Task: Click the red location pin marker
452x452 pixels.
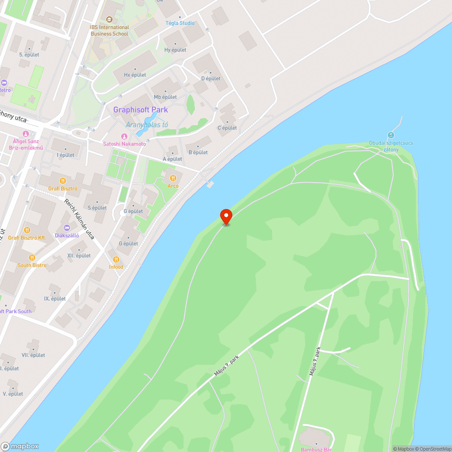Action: pos(226,216)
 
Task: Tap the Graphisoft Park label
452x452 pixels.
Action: pos(140,110)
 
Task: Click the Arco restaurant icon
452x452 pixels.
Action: pos(173,178)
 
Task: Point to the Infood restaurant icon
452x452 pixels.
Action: pos(116,259)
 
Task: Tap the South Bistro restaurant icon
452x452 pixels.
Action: pos(32,258)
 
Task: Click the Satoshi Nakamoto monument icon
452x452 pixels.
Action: pos(124,137)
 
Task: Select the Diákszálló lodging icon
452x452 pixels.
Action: pos(67,228)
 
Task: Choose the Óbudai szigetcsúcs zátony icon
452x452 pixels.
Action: pos(391,135)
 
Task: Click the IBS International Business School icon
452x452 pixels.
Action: pos(109,19)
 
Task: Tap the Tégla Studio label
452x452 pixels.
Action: pos(180,23)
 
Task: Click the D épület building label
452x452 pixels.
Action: pos(211,78)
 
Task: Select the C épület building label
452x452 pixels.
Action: pos(227,128)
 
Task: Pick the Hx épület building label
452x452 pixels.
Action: pos(135,75)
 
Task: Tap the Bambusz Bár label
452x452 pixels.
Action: pos(316,449)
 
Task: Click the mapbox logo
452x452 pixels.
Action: pos(20,446)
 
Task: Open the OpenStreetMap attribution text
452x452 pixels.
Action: pos(433,449)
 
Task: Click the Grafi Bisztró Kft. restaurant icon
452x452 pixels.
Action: pos(27,230)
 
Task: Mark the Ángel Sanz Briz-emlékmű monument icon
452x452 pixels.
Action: pos(25,134)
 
